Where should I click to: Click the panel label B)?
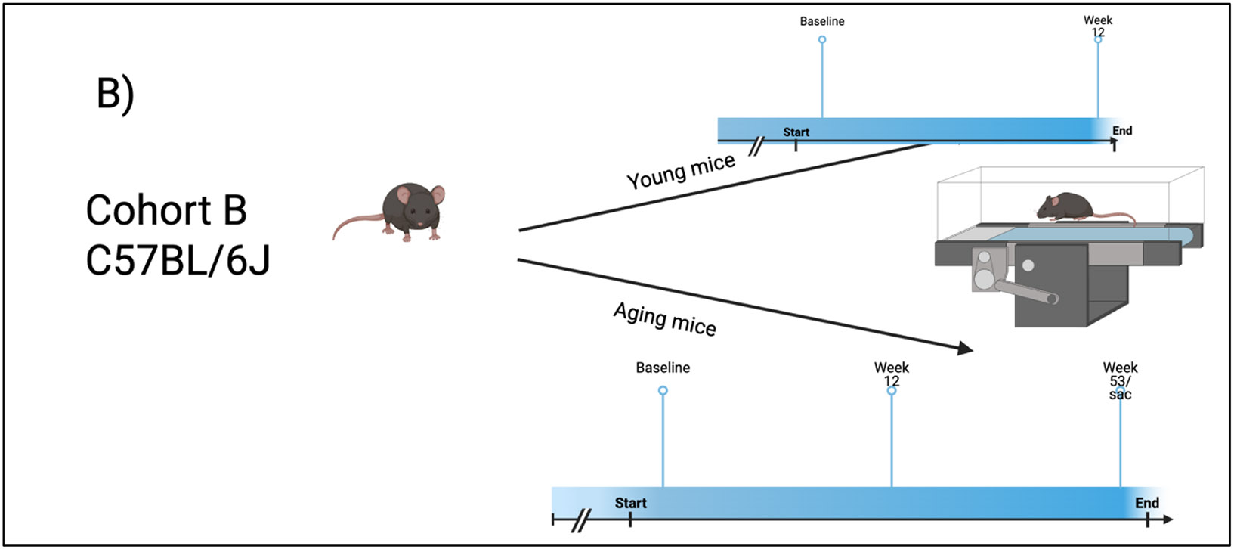pos(115,95)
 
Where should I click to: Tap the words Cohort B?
pos(166,210)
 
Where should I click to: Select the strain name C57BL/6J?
pos(178,260)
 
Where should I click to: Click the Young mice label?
pos(681,171)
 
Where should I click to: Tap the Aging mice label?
pos(664,318)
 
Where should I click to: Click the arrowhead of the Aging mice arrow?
pos(965,348)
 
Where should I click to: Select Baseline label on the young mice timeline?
pos(822,21)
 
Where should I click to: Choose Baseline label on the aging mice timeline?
pos(663,368)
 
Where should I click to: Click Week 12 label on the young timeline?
pos(1098,26)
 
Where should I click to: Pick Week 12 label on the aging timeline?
pos(892,374)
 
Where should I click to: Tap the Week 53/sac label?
pos(1120,380)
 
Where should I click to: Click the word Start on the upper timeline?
pos(796,132)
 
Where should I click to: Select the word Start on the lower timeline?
pos(630,503)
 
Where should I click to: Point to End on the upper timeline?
pos(1122,131)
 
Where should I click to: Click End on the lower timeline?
pos(1146,503)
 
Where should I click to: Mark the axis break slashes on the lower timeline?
pos(581,520)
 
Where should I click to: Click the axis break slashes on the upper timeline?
pos(755,146)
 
